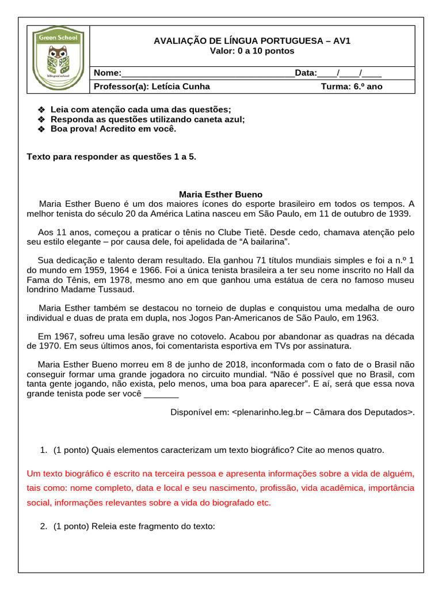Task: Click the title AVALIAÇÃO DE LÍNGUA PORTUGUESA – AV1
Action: (x=252, y=41)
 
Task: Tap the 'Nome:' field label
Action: (x=108, y=73)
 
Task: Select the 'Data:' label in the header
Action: (x=306, y=73)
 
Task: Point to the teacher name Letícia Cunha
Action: (x=180, y=87)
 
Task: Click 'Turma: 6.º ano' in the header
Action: (x=351, y=87)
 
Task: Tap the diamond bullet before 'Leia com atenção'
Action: (x=41, y=109)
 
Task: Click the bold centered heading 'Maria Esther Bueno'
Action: (x=220, y=195)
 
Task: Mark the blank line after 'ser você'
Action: (x=161, y=394)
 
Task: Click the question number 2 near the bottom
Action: (x=43, y=526)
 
